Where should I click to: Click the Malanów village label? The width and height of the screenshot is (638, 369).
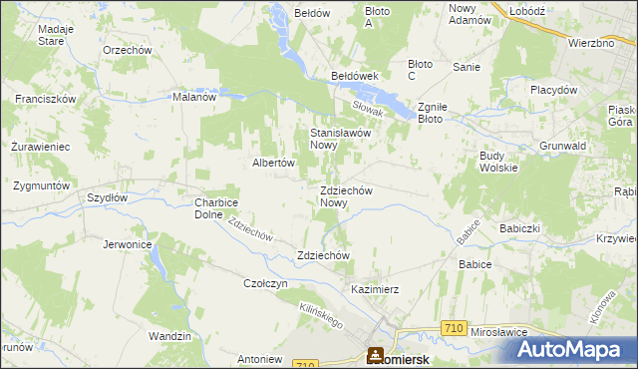pos(194,98)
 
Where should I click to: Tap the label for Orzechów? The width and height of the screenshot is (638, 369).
pos(126,49)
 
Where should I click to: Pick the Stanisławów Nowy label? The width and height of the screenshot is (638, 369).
pos(341,138)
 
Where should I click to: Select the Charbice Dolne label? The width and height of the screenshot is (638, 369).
pos(215,207)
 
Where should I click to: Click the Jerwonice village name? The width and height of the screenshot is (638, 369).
pos(127,243)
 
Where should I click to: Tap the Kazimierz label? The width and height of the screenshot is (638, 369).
pos(375,289)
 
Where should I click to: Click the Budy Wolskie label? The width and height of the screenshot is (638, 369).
pos(498,162)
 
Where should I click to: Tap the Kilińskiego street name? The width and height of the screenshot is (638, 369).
pos(320,317)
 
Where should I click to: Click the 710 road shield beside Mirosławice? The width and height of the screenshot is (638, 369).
pos(455,328)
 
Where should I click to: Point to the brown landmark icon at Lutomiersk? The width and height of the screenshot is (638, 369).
pos(376,355)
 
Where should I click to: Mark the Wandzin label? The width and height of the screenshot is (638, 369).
pos(168,337)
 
